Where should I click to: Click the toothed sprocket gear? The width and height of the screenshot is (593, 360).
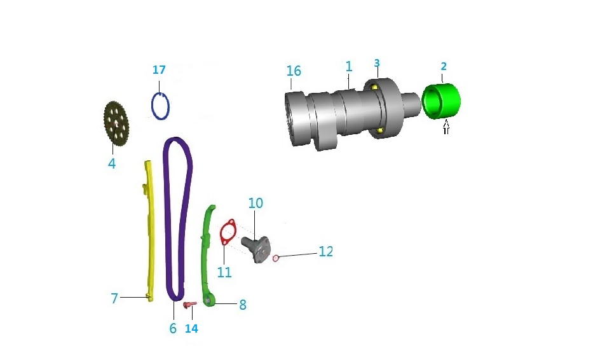(116, 123)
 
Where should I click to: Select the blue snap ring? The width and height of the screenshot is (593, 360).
(152, 107)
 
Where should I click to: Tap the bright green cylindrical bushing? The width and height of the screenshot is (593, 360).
(441, 101)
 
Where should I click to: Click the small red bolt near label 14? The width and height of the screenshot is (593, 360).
(189, 305)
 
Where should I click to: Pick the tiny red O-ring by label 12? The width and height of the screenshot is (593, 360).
(276, 258)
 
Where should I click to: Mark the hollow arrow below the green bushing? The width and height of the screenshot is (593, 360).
(446, 127)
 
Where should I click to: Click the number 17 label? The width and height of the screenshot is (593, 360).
(160, 70)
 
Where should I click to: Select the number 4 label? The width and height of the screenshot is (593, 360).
(112, 163)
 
